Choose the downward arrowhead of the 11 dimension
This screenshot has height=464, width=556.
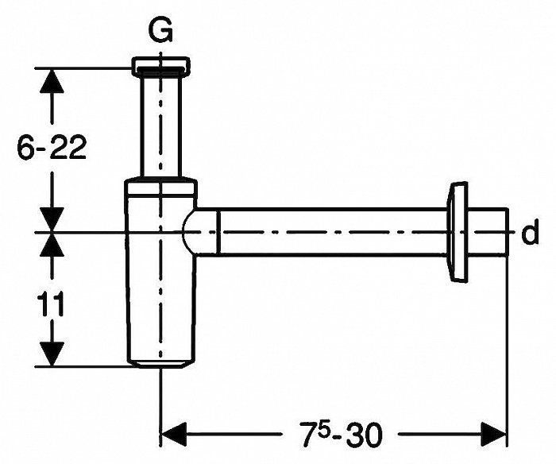(x=52, y=353)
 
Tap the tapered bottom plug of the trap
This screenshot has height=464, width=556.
(x=161, y=359)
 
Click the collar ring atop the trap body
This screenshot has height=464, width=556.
(x=161, y=186)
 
